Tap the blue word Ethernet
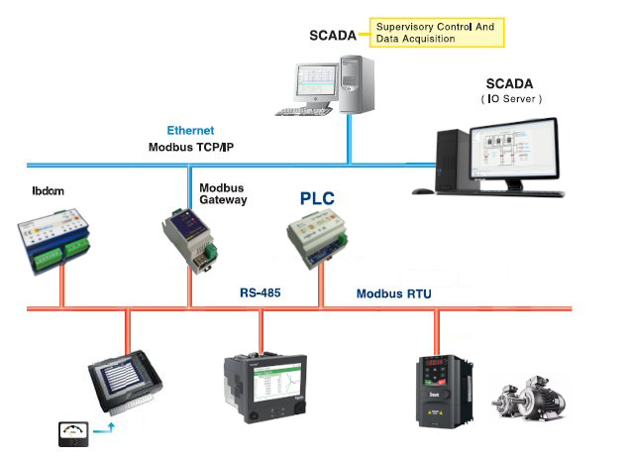coord(190,130)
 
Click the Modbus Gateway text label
coord(223,193)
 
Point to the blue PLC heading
coord(318,198)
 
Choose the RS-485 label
coord(261,293)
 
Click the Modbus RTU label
coord(393,293)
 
